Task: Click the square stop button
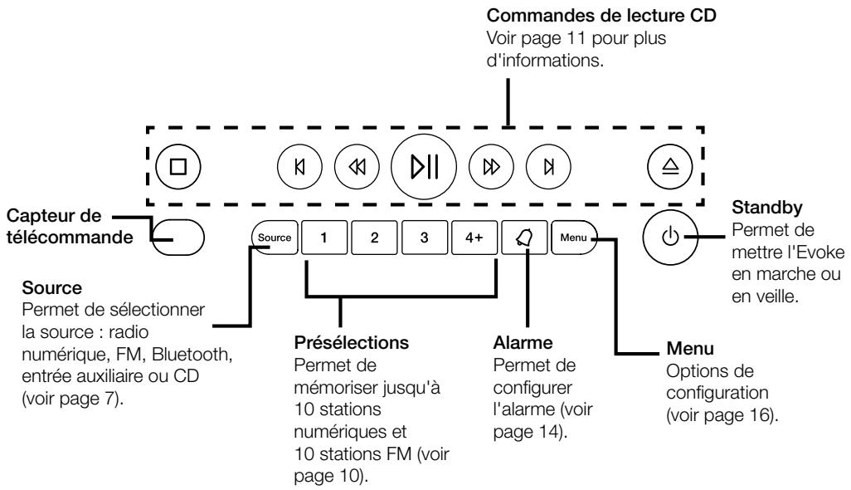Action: click(178, 166)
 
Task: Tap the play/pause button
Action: click(423, 166)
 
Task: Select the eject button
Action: click(669, 166)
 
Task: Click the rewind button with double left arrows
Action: click(357, 166)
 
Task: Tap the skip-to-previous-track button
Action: click(299, 166)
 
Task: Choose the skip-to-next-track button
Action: click(548, 166)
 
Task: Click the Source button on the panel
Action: click(275, 238)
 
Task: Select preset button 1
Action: click(324, 238)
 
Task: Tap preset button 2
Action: click(374, 238)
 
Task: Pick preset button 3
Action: click(425, 238)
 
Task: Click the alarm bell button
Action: click(524, 238)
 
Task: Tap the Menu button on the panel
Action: click(574, 238)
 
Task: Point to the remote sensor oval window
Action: click(177, 238)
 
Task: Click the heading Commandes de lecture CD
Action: click(601, 15)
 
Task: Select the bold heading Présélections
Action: click(351, 343)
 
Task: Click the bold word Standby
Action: click(767, 208)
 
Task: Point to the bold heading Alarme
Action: click(523, 343)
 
